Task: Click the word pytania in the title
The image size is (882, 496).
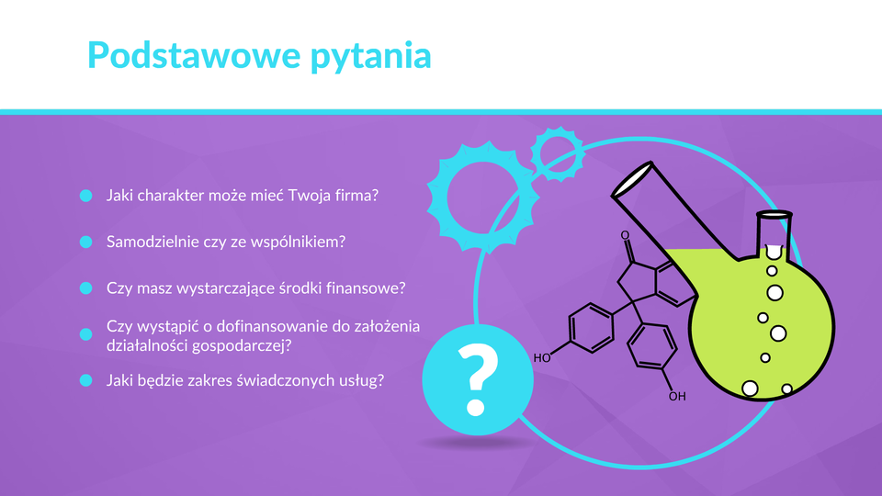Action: coord(371,57)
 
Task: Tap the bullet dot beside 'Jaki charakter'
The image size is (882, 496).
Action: coord(86,196)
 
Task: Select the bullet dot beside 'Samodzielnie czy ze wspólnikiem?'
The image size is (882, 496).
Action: coord(86,242)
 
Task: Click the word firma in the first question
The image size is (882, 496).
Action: coord(356,195)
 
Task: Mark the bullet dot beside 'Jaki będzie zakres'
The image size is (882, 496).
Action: coord(86,380)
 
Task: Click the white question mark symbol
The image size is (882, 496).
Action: coord(477,380)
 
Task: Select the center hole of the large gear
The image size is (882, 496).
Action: coord(482,197)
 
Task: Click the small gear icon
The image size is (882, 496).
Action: coord(558,154)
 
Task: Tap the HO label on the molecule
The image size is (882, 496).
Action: coord(542,358)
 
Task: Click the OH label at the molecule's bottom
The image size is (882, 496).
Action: coord(677,397)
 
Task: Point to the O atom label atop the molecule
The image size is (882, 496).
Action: coord(625,235)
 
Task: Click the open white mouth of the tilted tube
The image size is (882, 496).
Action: coord(632,179)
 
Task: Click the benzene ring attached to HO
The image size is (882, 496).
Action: coord(591,328)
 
